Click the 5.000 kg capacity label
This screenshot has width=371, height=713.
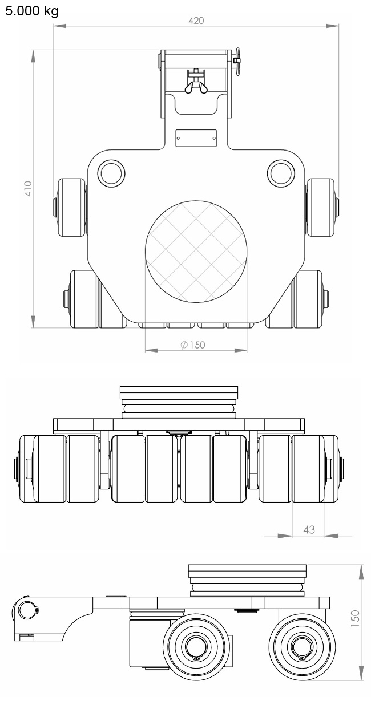pos(31,11)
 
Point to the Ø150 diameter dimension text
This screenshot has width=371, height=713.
pos(192,345)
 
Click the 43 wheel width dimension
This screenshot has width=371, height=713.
pos(309,529)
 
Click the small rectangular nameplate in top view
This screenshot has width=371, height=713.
pos(196,137)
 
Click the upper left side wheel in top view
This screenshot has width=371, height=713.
pos(71,206)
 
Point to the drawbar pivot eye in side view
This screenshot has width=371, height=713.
pos(26,610)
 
